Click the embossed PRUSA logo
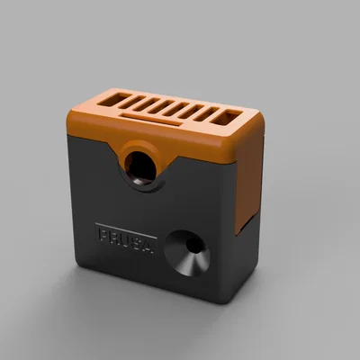126,238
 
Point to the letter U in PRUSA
127,238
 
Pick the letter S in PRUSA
139,239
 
